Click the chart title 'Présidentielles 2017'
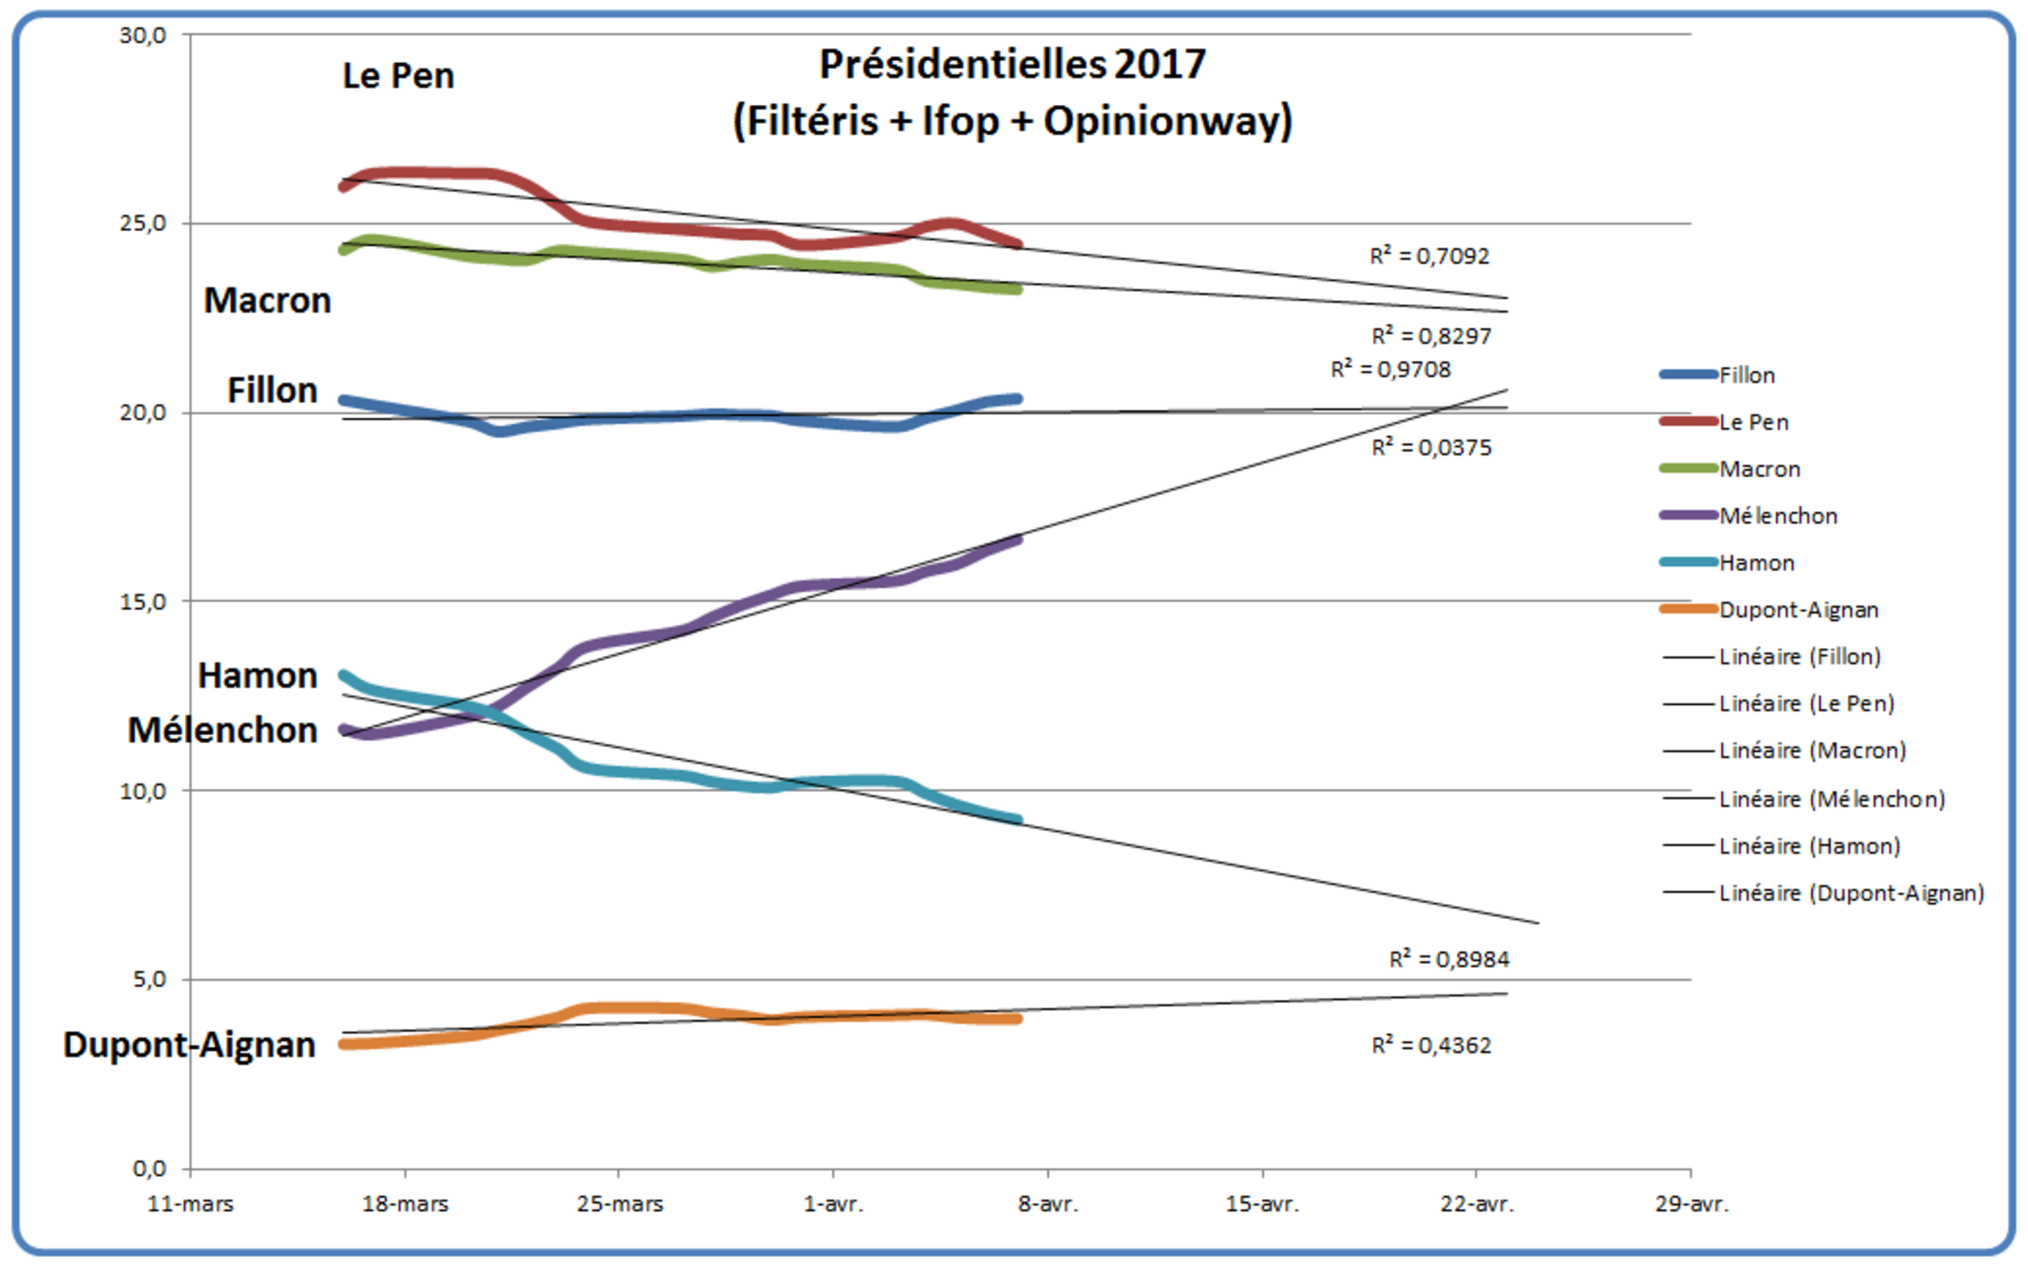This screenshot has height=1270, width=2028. pos(1012,65)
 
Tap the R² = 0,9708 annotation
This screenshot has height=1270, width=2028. pos(1390,370)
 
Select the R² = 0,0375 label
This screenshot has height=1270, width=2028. pos(1431,448)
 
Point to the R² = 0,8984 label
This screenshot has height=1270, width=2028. pos(1449,959)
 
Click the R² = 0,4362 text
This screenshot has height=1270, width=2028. pos(1431,1045)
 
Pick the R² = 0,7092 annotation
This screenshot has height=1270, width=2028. pos(1429,256)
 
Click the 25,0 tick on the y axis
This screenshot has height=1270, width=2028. pos(143,224)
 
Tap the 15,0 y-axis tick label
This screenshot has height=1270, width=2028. pos(143,602)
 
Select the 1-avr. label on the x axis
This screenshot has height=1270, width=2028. pos(833,1204)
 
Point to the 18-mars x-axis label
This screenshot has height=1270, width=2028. pos(405,1204)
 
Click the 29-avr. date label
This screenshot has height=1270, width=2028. pos(1692,1204)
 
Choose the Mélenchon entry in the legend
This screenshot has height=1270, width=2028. pos(1777,516)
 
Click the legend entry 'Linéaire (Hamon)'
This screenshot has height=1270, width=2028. pos(1809,846)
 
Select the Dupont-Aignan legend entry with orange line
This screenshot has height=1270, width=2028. pos(1798,610)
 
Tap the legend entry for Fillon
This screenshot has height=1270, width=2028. pos(1746,375)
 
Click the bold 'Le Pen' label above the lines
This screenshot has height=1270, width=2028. pos(398,76)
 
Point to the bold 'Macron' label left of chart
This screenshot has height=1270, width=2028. pos(267,300)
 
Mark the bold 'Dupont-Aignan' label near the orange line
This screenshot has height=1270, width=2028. pos(189,1045)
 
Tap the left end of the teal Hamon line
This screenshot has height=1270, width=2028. pos(344,676)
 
